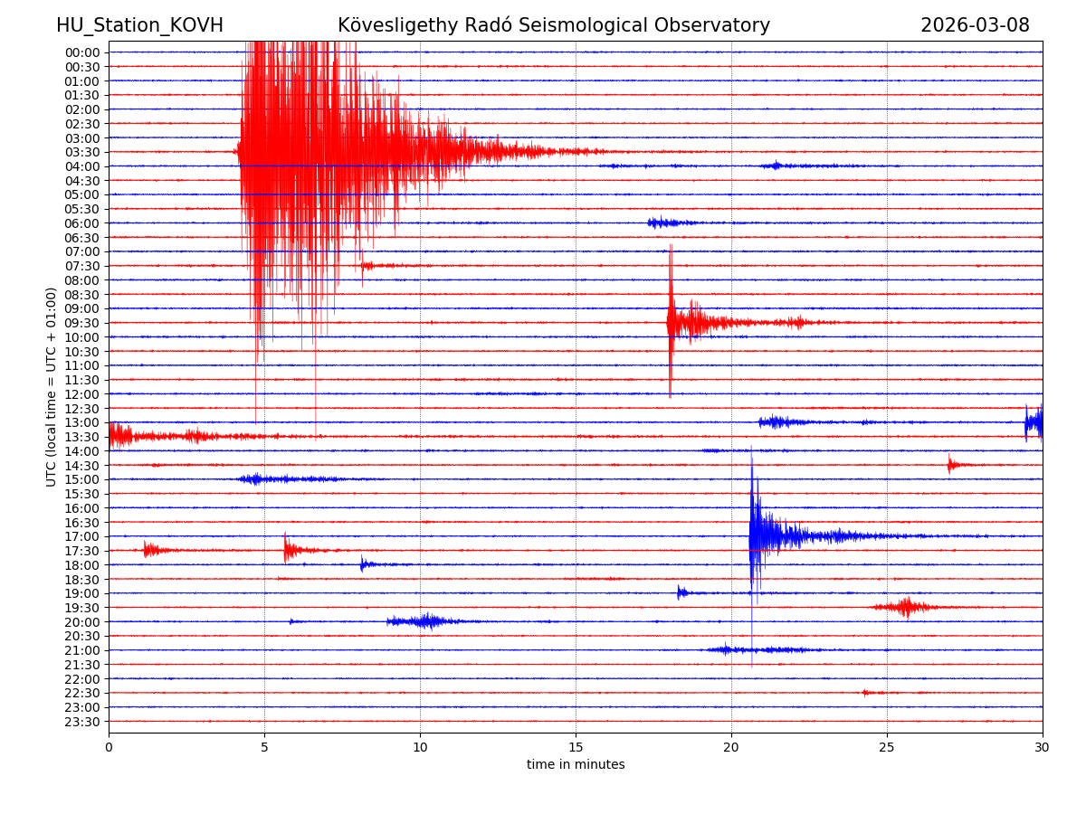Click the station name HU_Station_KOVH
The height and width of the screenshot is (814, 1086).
coord(139,25)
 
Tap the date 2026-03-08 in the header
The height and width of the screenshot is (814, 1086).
coord(975,25)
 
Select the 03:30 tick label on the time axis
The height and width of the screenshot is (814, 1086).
coord(81,152)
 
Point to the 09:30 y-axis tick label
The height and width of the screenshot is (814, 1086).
coord(81,323)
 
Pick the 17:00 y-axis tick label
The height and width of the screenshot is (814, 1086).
coord(81,536)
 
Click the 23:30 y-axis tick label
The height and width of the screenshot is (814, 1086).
coord(81,722)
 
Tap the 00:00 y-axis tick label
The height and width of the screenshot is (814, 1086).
coord(81,52)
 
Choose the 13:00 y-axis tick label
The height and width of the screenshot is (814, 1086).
coord(81,422)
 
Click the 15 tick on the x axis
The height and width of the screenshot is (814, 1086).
coord(576,748)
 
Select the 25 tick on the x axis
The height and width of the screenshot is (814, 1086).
coord(887,748)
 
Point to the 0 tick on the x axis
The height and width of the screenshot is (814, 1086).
coord(109,748)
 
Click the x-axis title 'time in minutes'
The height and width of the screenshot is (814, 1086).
coord(576,765)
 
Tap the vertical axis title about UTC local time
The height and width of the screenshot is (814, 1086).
coord(52,386)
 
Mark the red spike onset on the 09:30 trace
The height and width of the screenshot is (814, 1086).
coord(670,322)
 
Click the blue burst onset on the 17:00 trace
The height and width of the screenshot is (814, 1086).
coord(751,535)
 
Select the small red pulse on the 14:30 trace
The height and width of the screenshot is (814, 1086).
coord(949,465)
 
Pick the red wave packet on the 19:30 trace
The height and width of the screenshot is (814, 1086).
coord(905,607)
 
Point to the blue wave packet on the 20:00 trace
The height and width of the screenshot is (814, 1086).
coord(425,620)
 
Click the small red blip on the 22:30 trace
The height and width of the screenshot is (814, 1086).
coord(865,692)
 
